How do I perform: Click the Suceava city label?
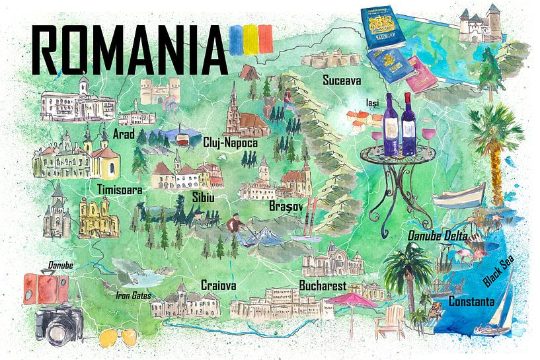(341, 81)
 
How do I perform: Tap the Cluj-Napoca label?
(231, 142)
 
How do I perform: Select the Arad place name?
(124, 135)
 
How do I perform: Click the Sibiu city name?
(184, 198)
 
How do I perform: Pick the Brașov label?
(286, 207)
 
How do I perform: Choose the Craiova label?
(219, 285)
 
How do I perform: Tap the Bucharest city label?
(323, 286)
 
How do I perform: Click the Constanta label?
(471, 302)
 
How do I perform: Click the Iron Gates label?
(133, 295)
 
